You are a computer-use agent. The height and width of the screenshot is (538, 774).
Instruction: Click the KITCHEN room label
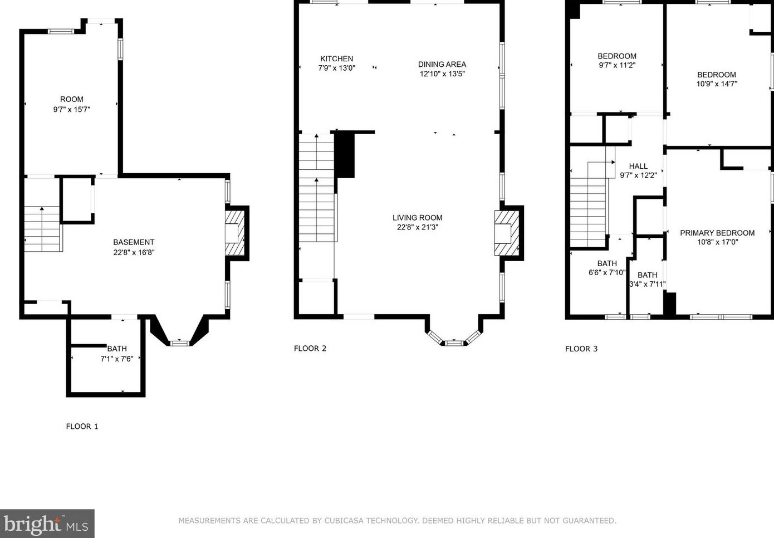[336, 58]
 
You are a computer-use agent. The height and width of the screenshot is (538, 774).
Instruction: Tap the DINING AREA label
[442, 64]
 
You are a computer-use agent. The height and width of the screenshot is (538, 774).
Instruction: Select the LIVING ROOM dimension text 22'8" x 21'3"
[418, 227]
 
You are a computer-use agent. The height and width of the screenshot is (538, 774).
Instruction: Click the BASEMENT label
[134, 242]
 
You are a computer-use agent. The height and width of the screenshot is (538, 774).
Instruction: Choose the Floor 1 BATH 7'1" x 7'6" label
[117, 354]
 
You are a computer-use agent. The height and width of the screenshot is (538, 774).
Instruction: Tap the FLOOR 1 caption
[82, 427]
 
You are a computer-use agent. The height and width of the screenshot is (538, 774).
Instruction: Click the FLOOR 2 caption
[310, 348]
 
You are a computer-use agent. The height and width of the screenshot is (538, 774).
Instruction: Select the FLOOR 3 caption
[581, 349]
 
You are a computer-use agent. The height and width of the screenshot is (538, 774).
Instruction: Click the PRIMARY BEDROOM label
[717, 233]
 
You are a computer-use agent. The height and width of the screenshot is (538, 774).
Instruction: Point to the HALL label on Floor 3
[638, 166]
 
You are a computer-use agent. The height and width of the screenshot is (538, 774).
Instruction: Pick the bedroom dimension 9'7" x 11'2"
[617, 65]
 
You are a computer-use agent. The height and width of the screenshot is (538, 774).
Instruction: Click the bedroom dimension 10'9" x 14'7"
[717, 84]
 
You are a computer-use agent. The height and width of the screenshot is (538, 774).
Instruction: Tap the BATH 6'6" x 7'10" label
[607, 268]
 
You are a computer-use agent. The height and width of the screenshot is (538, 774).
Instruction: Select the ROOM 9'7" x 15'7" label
[71, 104]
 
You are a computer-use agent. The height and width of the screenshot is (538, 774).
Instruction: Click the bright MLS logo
[47, 524]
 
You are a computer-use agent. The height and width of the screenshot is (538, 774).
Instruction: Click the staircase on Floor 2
[316, 188]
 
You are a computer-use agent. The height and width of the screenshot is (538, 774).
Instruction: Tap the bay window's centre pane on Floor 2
[454, 343]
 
